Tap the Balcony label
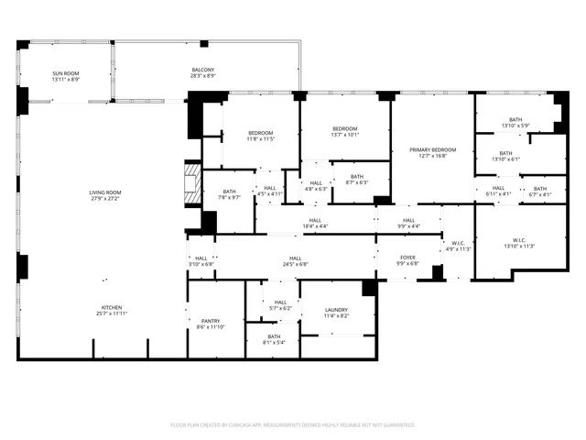coord(202,72)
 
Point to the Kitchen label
coord(112,311)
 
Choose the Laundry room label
coord(336,313)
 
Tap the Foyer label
coord(408,260)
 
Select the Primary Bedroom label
coord(432,152)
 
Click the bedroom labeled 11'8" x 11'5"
coord(260,137)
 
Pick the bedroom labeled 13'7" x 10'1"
coord(345,131)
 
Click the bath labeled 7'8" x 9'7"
coord(229,194)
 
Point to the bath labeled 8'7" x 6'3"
coord(356,180)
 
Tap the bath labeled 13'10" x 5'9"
coord(515,122)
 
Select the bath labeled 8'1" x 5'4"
coord(274,339)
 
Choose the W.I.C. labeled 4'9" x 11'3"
coord(456,247)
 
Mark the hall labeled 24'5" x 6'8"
coord(295,261)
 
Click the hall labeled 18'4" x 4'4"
coord(315,223)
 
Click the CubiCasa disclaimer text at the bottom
coord(293,425)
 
